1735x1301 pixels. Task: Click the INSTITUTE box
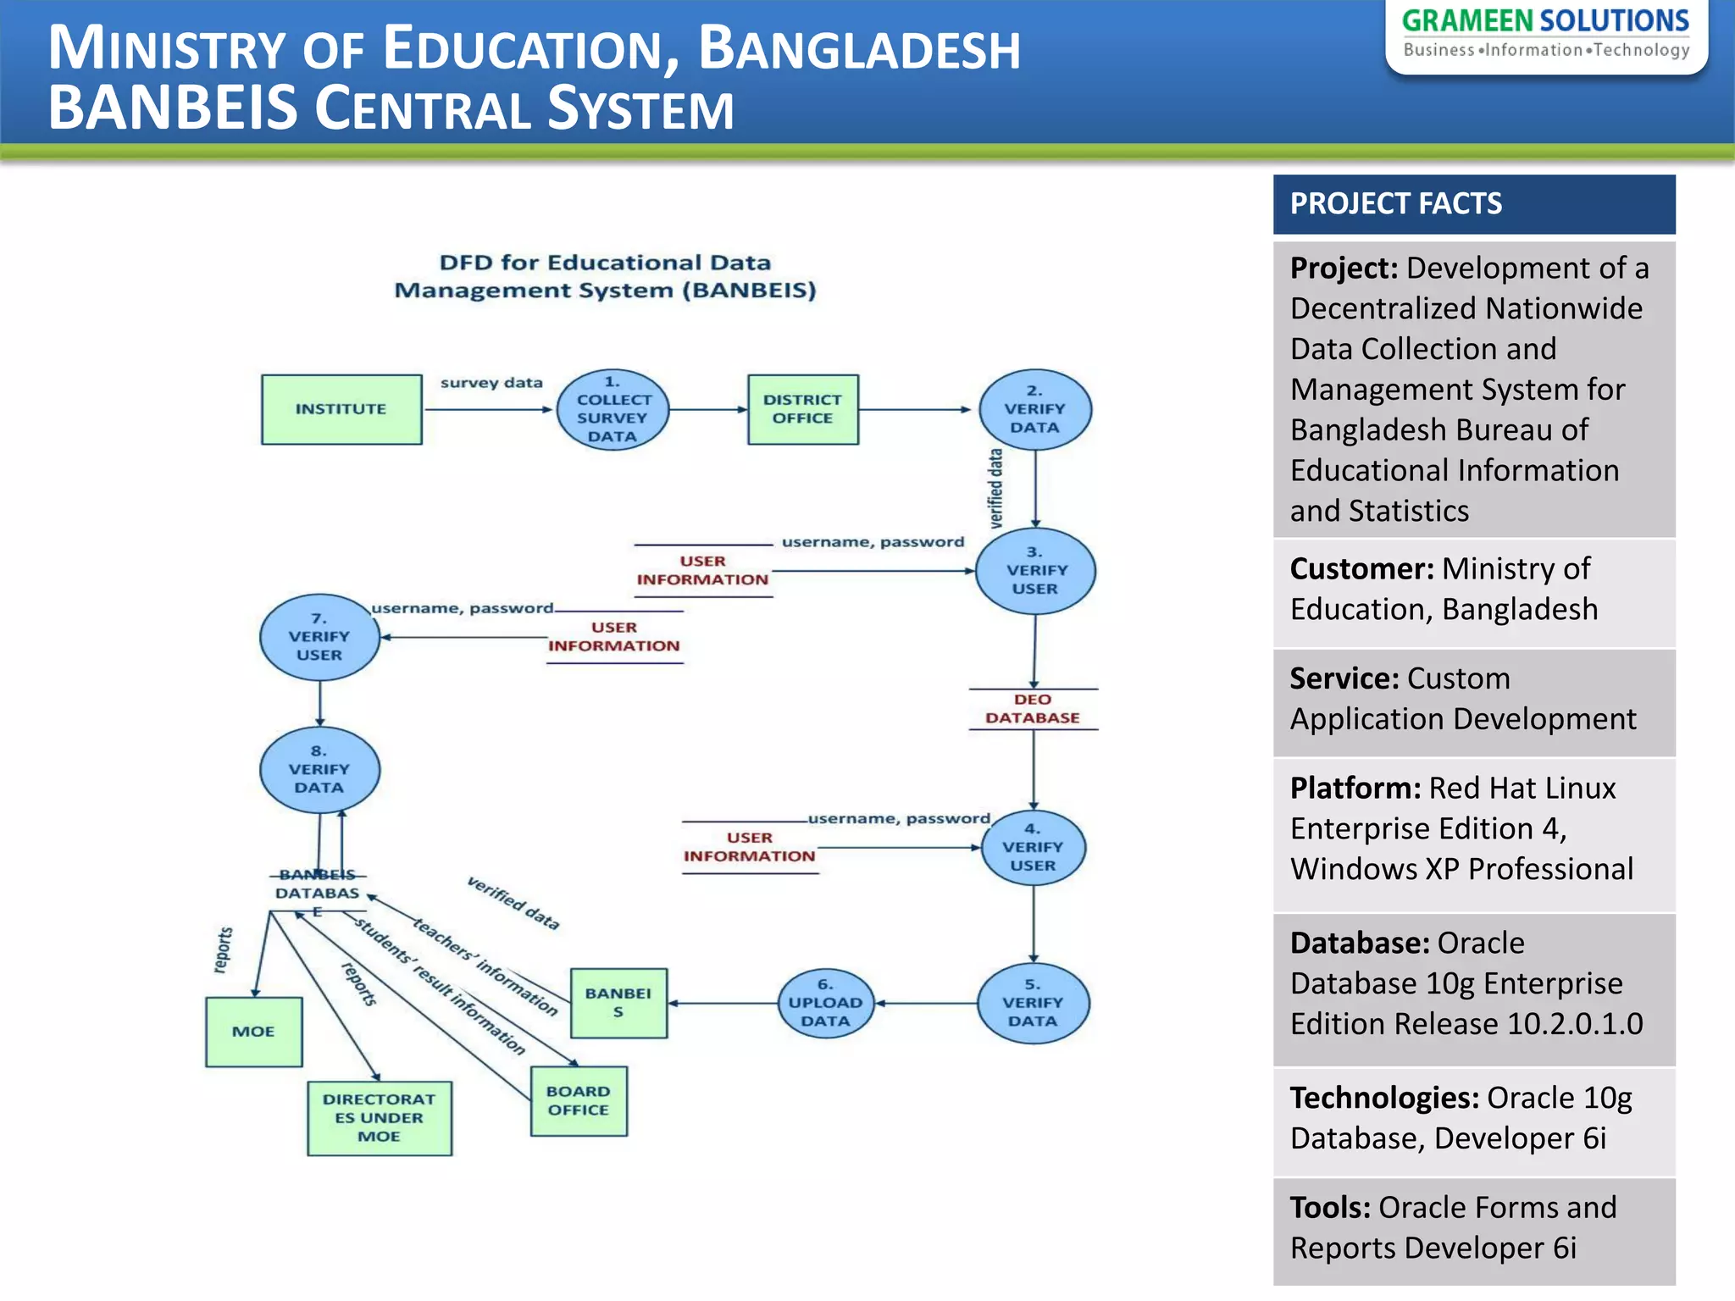[x=341, y=409]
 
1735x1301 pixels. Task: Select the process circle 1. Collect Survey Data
[x=613, y=410]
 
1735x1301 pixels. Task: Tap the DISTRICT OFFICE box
[x=802, y=409]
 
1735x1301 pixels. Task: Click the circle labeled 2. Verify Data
[x=1034, y=409]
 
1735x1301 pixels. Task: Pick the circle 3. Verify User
[x=1034, y=571]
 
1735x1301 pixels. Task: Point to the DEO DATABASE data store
[x=1033, y=709]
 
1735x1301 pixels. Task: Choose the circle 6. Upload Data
[x=825, y=1004]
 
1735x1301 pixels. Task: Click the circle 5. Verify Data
[x=1033, y=1004]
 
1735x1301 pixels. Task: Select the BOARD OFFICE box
[x=579, y=1101]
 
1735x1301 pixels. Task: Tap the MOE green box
[x=253, y=1032]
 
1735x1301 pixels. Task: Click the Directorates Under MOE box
[x=379, y=1118]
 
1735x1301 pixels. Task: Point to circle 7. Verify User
[x=319, y=637]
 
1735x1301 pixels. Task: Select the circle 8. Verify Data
[x=319, y=769]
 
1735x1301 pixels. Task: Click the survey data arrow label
[x=491, y=383]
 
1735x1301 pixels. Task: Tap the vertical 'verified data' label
[x=996, y=489]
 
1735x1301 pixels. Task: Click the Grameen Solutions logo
[x=1545, y=34]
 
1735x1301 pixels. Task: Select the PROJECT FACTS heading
[x=1395, y=204]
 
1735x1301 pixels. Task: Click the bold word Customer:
[x=1361, y=569]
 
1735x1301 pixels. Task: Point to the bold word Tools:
[x=1330, y=1208]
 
